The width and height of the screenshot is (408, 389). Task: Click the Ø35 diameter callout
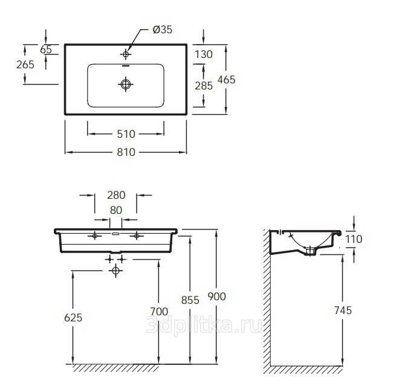(x=163, y=30)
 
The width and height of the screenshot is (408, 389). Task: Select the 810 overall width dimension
(x=126, y=152)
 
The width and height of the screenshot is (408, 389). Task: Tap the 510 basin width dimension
(x=126, y=134)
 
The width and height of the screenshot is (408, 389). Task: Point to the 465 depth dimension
(x=227, y=80)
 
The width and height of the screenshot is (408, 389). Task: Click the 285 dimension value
(x=204, y=86)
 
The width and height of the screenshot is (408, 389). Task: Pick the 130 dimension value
(x=204, y=54)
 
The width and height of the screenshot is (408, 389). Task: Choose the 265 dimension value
(x=25, y=65)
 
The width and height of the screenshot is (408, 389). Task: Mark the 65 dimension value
(x=46, y=50)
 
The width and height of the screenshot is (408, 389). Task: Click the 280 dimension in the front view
(x=116, y=195)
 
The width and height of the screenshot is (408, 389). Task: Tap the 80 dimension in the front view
(x=116, y=210)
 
